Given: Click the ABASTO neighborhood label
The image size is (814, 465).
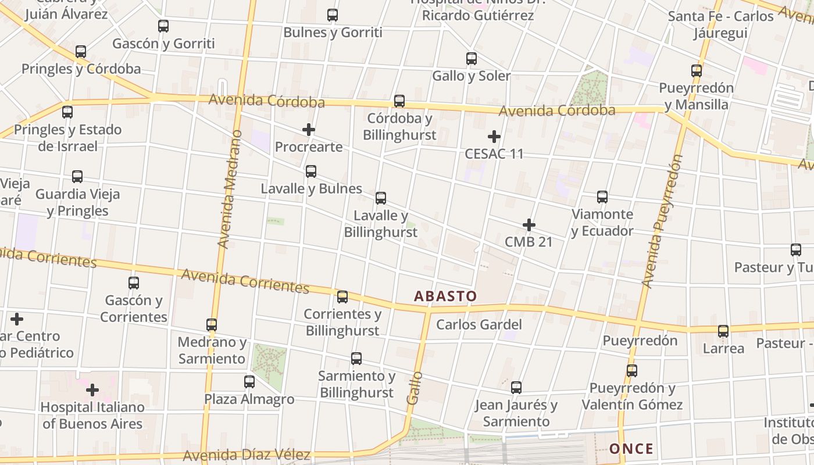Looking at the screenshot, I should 445,296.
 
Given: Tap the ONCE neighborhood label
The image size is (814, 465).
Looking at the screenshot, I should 631,449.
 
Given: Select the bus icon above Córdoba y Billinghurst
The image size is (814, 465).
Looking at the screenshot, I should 399,101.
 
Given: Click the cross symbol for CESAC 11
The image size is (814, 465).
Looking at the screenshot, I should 494,137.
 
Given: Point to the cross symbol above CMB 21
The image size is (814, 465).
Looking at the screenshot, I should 529,225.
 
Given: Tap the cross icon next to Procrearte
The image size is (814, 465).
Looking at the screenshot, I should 309,130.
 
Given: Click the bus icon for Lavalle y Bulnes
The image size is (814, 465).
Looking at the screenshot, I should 311,171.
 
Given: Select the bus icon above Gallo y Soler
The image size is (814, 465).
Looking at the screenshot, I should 472,59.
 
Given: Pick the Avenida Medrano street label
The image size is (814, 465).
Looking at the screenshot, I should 230,189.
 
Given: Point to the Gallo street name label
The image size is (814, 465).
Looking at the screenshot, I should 414,388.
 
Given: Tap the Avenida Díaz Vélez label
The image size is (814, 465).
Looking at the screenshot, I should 247,455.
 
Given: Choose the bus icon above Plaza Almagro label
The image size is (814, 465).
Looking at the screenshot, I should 249,382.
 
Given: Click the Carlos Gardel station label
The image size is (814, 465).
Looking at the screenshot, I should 479,324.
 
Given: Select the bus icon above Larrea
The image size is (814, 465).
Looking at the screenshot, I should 723,331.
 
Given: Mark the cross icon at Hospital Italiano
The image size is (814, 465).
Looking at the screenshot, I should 92,390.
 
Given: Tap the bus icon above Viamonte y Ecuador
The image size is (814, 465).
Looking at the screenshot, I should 602,197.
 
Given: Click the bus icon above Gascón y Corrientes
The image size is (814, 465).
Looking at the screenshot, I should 134,283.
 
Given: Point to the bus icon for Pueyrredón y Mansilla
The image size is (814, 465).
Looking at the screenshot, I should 697,71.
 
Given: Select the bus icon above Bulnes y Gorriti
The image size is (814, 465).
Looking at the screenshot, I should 333,15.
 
